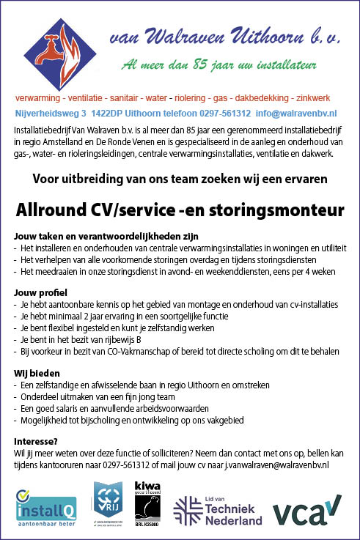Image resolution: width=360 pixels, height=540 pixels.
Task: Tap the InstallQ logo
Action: (x=45, y=507)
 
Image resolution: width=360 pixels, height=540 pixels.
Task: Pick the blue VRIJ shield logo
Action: (x=108, y=503)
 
